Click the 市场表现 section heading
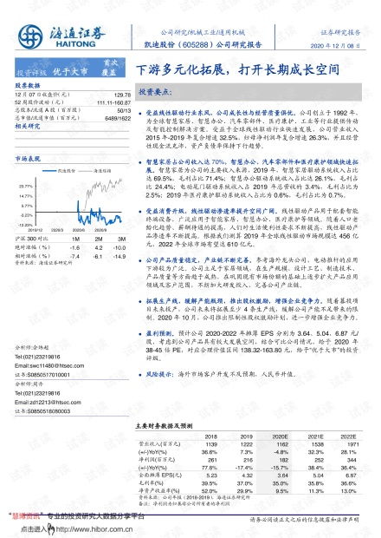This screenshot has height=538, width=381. tap(29, 161)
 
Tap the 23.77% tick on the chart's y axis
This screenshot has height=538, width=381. tap(25, 186)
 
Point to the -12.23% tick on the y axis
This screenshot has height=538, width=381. tap(25, 223)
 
